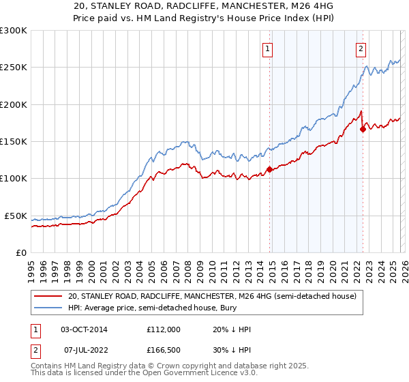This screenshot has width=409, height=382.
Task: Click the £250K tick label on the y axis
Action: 14,68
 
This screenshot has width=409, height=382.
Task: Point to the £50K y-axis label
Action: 16,216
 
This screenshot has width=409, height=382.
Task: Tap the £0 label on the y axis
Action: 21,252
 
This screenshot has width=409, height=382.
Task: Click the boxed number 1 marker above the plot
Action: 268,48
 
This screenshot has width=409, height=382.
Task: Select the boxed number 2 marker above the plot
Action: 361,48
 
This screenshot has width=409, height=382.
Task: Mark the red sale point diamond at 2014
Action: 269,169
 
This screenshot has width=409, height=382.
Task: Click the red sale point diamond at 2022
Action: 363,129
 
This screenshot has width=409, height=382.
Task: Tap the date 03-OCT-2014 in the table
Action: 84,329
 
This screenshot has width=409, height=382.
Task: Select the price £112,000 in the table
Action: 164,329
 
